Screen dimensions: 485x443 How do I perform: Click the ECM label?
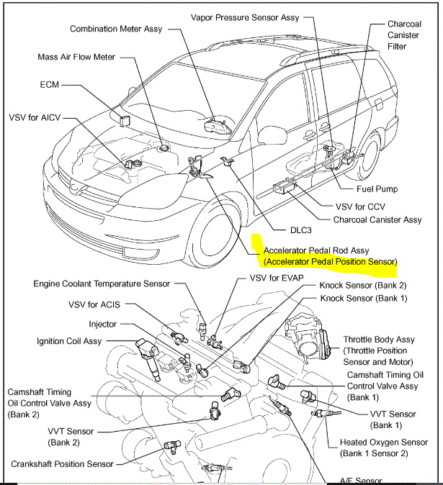click(x=50, y=84)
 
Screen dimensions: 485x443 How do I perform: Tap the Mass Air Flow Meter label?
click(x=76, y=57)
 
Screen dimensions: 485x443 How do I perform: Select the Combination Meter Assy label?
click(x=116, y=29)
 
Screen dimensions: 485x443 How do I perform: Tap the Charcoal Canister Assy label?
click(x=377, y=219)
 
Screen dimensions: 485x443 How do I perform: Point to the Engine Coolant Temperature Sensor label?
click(x=102, y=284)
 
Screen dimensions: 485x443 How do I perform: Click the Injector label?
click(x=103, y=325)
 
